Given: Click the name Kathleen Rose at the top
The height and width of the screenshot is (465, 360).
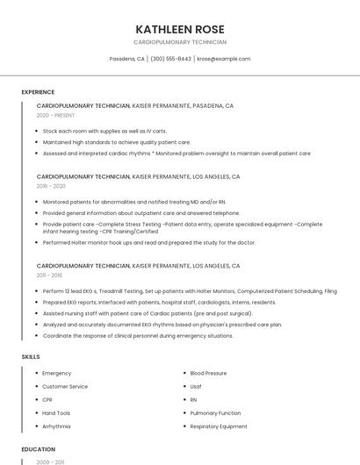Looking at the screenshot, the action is click(x=179, y=29).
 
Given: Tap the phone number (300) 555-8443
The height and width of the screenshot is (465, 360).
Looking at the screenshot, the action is click(x=170, y=59).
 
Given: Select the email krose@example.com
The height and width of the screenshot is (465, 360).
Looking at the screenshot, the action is click(x=224, y=59).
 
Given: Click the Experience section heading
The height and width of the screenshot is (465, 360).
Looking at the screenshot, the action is click(x=38, y=92).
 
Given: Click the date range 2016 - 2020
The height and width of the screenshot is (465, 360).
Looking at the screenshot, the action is click(x=51, y=186).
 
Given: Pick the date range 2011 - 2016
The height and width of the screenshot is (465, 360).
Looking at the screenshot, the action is click(x=50, y=275).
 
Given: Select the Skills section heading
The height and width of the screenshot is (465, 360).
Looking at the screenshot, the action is click(x=31, y=357).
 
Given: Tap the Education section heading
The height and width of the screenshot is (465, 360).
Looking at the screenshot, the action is click(x=38, y=449).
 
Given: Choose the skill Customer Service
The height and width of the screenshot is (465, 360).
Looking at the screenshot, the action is click(x=65, y=387).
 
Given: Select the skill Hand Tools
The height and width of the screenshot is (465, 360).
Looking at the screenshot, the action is click(x=56, y=413).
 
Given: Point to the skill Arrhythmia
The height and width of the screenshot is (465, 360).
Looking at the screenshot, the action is click(x=56, y=426).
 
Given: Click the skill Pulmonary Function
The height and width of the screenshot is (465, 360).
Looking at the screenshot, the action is click(x=215, y=413).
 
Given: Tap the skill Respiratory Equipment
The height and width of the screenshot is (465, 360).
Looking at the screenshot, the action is click(x=219, y=426).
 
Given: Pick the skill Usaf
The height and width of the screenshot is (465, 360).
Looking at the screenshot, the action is click(x=196, y=387).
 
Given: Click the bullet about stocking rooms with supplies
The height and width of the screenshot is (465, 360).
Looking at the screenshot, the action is click(x=104, y=131).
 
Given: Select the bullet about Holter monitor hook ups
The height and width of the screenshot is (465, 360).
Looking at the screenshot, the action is click(x=149, y=242).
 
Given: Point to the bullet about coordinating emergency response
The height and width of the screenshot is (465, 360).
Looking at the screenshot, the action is click(x=138, y=335).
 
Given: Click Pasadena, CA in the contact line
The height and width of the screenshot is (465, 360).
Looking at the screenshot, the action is click(x=127, y=59).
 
